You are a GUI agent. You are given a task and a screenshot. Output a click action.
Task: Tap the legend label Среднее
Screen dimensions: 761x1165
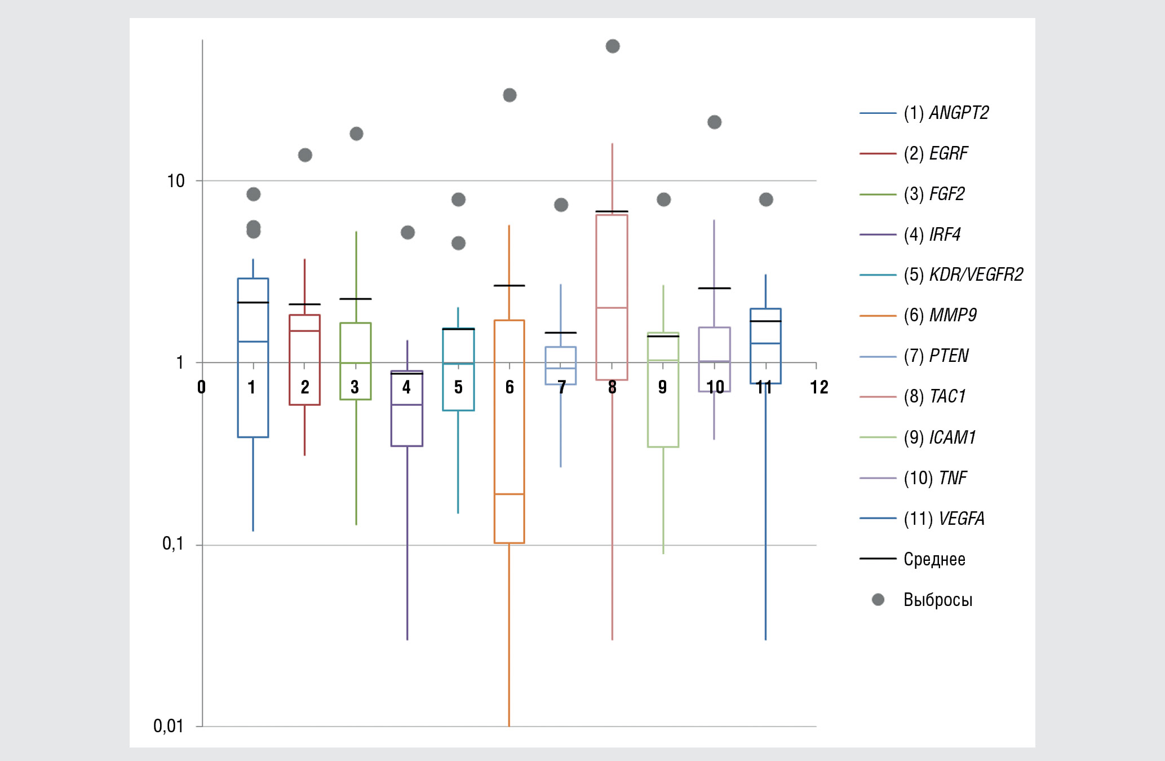(934, 559)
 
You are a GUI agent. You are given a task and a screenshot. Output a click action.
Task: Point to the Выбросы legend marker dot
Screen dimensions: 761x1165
(878, 600)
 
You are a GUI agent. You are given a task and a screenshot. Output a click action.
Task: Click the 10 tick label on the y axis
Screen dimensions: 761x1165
(176, 181)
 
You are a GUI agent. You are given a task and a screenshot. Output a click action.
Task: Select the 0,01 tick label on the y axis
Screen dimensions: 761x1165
(169, 726)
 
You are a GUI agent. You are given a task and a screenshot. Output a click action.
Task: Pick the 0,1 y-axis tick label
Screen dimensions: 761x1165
(173, 544)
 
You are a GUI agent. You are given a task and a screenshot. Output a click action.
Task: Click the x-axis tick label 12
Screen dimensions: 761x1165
(819, 387)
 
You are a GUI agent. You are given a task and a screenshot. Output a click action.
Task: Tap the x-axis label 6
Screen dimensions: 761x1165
(510, 387)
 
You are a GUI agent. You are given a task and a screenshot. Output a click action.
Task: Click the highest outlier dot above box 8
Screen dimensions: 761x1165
(613, 46)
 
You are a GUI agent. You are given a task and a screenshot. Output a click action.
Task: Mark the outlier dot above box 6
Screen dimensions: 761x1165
(510, 95)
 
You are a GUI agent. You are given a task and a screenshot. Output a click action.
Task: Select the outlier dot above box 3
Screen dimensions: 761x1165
(356, 134)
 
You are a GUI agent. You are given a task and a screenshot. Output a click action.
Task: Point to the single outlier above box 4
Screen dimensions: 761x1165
(407, 232)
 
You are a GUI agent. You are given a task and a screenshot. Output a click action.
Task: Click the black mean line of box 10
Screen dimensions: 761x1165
(714, 288)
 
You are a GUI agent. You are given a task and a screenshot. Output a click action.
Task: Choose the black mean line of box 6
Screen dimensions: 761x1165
(510, 286)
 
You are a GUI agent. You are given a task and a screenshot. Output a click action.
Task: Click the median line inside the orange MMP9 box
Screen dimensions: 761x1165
(510, 494)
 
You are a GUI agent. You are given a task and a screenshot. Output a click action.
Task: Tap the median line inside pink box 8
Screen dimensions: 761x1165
(612, 308)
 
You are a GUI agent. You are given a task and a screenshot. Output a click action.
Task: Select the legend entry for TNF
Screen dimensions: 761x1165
(936, 478)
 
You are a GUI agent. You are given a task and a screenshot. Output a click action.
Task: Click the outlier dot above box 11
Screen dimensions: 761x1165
(765, 200)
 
